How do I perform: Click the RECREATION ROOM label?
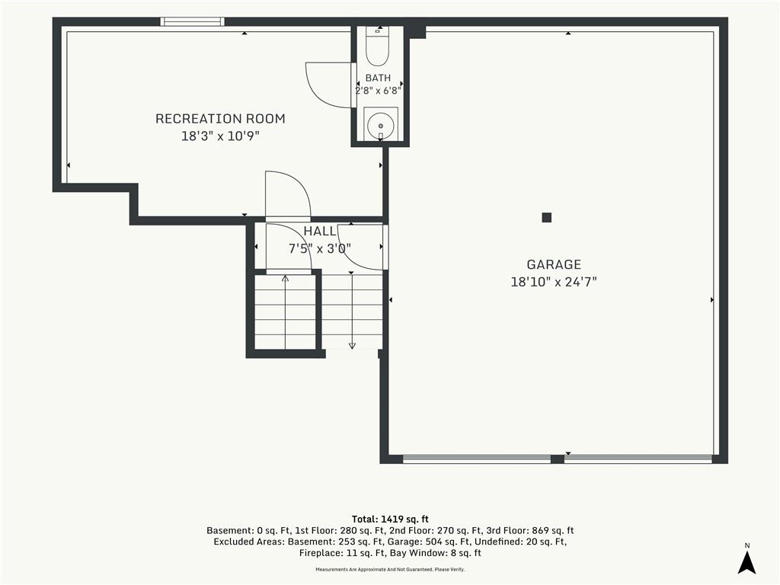pyautogui.click(x=220, y=119)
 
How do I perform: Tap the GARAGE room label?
pyautogui.click(x=554, y=264)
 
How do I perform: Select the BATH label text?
pyautogui.click(x=378, y=78)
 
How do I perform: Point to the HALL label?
pyautogui.click(x=320, y=232)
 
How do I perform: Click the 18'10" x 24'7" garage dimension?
pyautogui.click(x=554, y=282)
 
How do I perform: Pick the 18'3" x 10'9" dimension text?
pyautogui.click(x=220, y=136)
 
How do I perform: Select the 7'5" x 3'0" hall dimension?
pyautogui.click(x=320, y=248)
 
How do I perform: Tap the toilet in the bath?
pyautogui.click(x=377, y=46)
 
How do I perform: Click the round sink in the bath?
pyautogui.click(x=381, y=123)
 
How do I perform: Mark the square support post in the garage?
pyautogui.click(x=547, y=217)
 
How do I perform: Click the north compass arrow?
pyautogui.click(x=746, y=563)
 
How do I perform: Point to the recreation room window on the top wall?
pyautogui.click(x=192, y=21)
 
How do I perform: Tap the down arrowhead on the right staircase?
pyautogui.click(x=352, y=346)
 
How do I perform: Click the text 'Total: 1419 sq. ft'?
pyautogui.click(x=390, y=519)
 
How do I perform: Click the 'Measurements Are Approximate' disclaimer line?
pyautogui.click(x=390, y=570)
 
